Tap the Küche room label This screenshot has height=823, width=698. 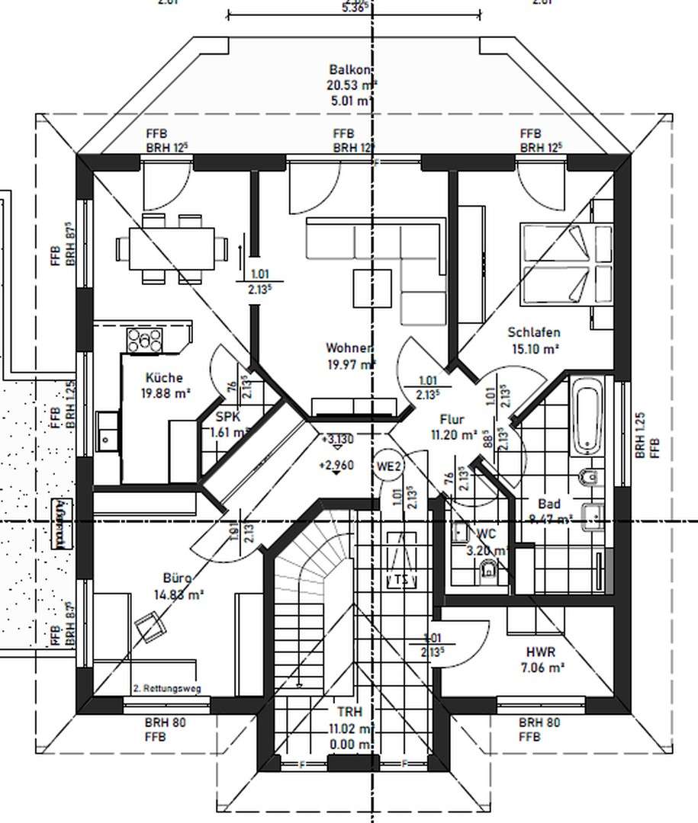[164, 378]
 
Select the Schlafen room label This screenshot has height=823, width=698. [534, 333]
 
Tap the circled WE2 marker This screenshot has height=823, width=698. [389, 466]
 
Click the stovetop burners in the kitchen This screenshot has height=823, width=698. [144, 340]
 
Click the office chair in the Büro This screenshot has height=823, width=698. [150, 629]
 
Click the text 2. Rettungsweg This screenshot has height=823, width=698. [167, 688]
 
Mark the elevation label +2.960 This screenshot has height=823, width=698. [337, 466]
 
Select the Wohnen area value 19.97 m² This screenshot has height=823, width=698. [350, 364]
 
